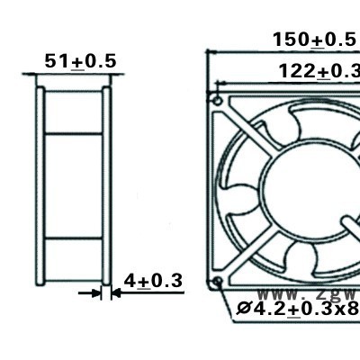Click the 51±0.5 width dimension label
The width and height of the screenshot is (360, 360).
tap(80, 61)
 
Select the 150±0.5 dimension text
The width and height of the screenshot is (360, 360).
tap(314, 40)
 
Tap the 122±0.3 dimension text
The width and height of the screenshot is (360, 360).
tap(319, 71)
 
